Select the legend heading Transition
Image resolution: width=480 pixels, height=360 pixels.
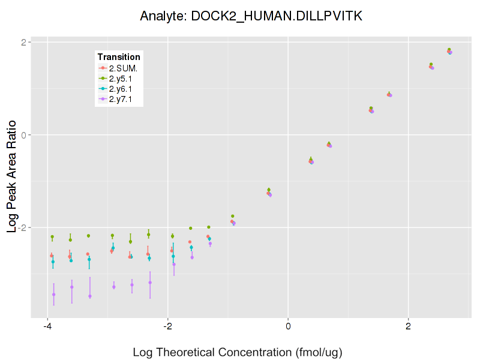(x=119, y=57)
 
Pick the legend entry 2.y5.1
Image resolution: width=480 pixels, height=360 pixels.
(x=121, y=78)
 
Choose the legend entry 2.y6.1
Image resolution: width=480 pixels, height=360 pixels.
(x=121, y=88)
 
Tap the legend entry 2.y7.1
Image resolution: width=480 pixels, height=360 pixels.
(x=121, y=98)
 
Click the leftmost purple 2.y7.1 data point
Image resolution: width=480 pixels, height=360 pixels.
(x=53, y=295)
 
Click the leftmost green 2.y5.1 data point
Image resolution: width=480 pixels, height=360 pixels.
(x=52, y=237)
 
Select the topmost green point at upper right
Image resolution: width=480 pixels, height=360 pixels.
(x=449, y=50)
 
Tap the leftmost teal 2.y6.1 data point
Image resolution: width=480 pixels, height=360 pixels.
(x=53, y=262)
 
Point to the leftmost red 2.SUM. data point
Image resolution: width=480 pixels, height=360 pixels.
(x=52, y=256)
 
